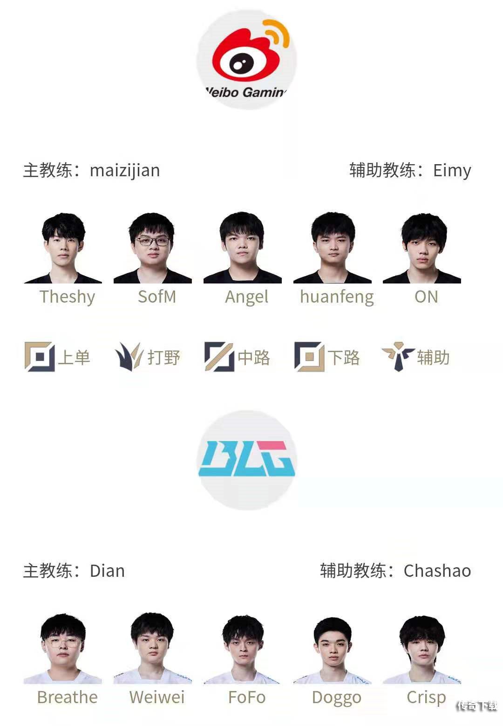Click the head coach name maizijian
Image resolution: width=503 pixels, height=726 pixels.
pyautogui.click(x=125, y=171)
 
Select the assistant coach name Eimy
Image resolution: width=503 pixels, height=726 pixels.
pyautogui.click(x=452, y=171)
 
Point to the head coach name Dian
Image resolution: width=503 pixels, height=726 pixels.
pyautogui.click(x=108, y=571)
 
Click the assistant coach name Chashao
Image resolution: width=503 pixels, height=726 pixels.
pyautogui.click(x=437, y=571)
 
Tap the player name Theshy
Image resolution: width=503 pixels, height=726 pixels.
pyautogui.click(x=68, y=297)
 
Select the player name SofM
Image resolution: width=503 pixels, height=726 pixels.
pyautogui.click(x=157, y=297)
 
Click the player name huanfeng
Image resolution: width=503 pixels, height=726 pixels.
pyautogui.click(x=337, y=297)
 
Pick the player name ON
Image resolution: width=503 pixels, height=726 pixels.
pyautogui.click(x=426, y=297)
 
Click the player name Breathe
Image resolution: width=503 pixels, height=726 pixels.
pyautogui.click(x=68, y=697)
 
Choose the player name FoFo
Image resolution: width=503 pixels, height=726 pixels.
pyautogui.click(x=247, y=697)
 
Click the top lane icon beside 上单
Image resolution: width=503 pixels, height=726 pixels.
pyautogui.click(x=40, y=357)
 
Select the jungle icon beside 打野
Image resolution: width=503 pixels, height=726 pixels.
pyautogui.click(x=129, y=357)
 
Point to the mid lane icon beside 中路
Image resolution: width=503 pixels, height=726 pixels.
pyautogui.click(x=219, y=357)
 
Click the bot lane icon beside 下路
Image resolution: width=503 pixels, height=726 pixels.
pyautogui.click(x=309, y=357)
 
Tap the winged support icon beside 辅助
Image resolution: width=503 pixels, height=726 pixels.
pyautogui.click(x=398, y=357)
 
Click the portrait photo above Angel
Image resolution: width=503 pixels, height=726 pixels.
pyautogui.click(x=243, y=248)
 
